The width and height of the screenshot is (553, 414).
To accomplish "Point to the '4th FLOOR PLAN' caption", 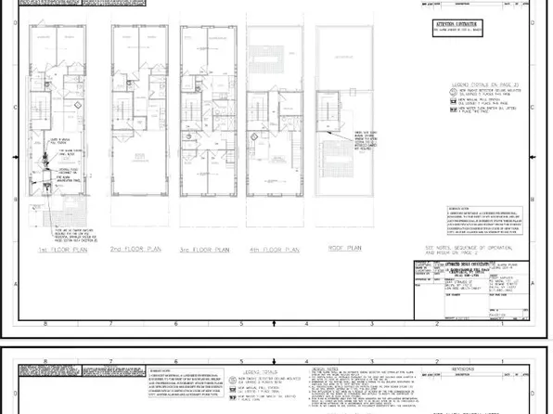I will click(x=274, y=250).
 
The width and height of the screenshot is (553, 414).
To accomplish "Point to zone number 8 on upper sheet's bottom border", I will click(x=45, y=325).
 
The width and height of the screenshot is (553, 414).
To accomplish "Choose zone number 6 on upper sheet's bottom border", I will click(x=176, y=325).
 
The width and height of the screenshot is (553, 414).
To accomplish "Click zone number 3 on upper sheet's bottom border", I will click(x=372, y=325).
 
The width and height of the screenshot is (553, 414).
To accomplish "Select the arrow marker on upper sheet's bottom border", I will click(x=273, y=325).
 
